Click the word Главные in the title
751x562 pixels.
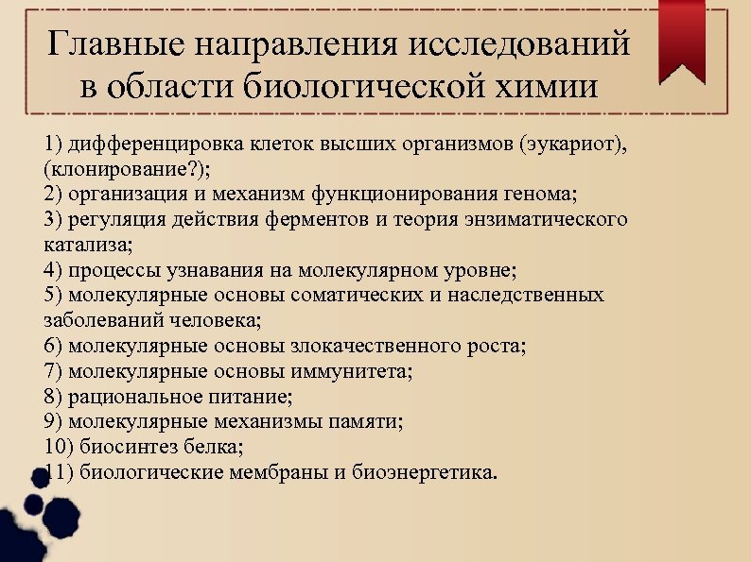[116, 44]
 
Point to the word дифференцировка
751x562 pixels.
[152, 145]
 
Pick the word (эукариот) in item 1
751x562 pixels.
[570, 145]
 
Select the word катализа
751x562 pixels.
[87, 245]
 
